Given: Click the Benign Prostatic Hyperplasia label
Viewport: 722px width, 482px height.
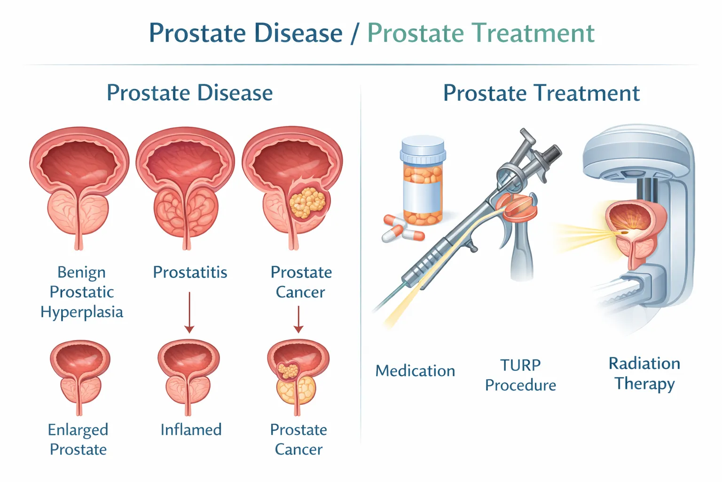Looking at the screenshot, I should pos(82,292).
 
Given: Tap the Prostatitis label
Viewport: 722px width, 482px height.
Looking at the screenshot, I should pos(190,272).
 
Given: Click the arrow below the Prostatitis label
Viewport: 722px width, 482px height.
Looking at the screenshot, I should pos(189,313).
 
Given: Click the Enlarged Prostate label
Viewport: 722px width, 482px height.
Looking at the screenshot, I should pos(78,439).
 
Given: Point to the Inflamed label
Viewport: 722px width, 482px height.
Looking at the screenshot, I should pos(191,429).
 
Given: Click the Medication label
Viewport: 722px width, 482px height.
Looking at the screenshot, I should pos(415,370).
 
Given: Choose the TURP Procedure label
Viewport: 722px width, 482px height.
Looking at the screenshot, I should pos(520,375).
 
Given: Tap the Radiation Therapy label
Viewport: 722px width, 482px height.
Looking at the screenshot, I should pos(644,373).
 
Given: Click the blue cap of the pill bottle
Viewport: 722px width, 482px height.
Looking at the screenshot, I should pos(423,149).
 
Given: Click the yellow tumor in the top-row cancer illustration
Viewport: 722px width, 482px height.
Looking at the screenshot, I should pos(307,202).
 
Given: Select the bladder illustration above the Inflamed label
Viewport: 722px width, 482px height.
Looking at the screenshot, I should pos(188,377).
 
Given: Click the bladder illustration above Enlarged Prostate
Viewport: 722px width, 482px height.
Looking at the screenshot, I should pos(80,377).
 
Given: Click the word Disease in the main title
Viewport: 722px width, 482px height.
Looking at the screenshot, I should pos(298,33).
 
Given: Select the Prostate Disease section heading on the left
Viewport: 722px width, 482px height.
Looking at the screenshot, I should pos(189,93).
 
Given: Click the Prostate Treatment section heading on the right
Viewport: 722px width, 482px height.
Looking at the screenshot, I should pos(541,93).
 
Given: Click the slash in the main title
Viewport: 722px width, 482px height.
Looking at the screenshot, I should pos(355,33).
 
